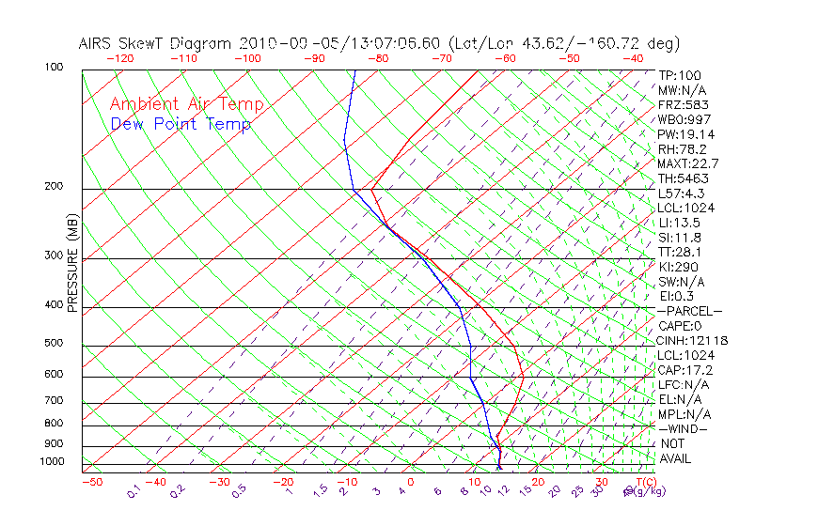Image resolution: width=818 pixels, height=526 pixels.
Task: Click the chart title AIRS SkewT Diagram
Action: (x=156, y=44)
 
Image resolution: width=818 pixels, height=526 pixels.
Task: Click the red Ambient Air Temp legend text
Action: (x=187, y=105)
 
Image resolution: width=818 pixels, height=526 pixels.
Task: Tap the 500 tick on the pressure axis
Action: (x=55, y=343)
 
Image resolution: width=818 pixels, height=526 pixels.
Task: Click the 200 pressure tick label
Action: (x=55, y=186)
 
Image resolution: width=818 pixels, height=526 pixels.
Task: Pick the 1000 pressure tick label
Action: (x=53, y=462)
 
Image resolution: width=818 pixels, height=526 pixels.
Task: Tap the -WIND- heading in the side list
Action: (x=683, y=428)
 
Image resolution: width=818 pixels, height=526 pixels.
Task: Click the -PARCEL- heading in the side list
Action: (x=690, y=311)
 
